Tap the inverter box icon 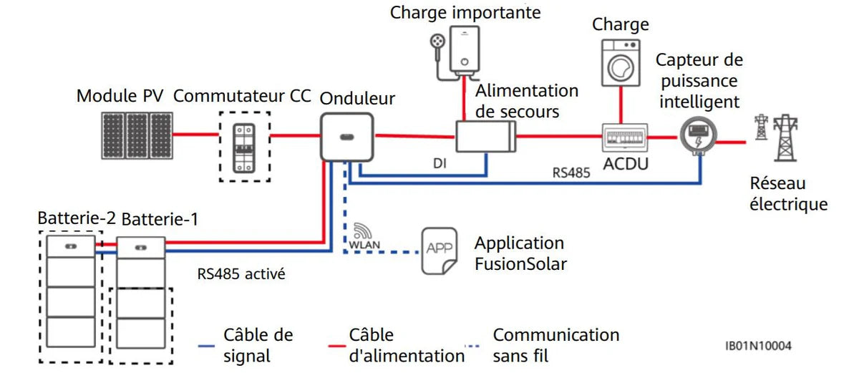pyautogui.click(x=346, y=136)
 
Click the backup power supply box pyautogui.click(x=486, y=136)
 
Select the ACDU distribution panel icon pyautogui.click(x=625, y=136)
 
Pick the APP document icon pyautogui.click(x=439, y=251)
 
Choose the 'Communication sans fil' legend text pyautogui.click(x=555, y=344)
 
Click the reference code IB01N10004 pyautogui.click(x=758, y=346)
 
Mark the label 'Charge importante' pyautogui.click(x=465, y=13)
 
